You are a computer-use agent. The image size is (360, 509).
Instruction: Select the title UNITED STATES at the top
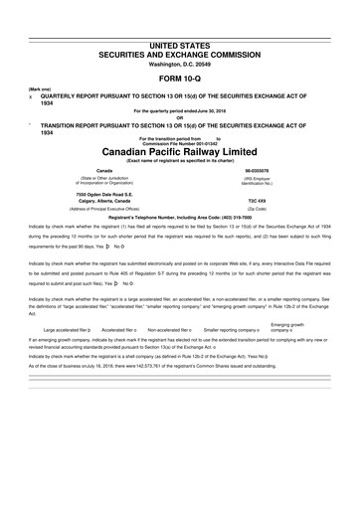coord(180,18)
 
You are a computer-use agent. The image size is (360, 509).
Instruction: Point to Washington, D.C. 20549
coord(180,37)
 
